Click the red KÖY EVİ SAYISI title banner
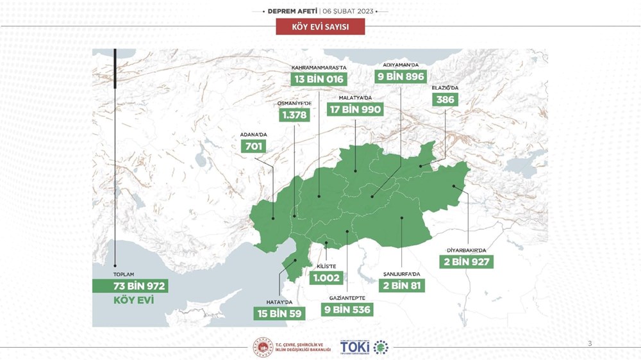(320, 26)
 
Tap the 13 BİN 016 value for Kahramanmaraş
(318, 79)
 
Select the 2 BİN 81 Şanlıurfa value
(400, 285)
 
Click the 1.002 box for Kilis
(326, 278)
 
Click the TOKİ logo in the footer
(354, 347)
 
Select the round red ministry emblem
(263, 347)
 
